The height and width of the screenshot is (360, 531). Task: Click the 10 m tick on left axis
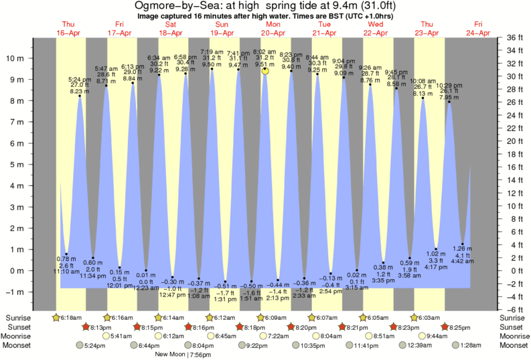coord(21,58)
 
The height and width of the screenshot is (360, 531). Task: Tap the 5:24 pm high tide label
coord(80,80)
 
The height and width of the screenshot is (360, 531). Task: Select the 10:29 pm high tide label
coord(449,86)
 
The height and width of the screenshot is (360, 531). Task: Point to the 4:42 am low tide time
coord(462,262)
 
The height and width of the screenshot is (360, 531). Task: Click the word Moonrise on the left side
coord(19,336)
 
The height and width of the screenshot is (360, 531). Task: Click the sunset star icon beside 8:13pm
coord(85,327)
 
